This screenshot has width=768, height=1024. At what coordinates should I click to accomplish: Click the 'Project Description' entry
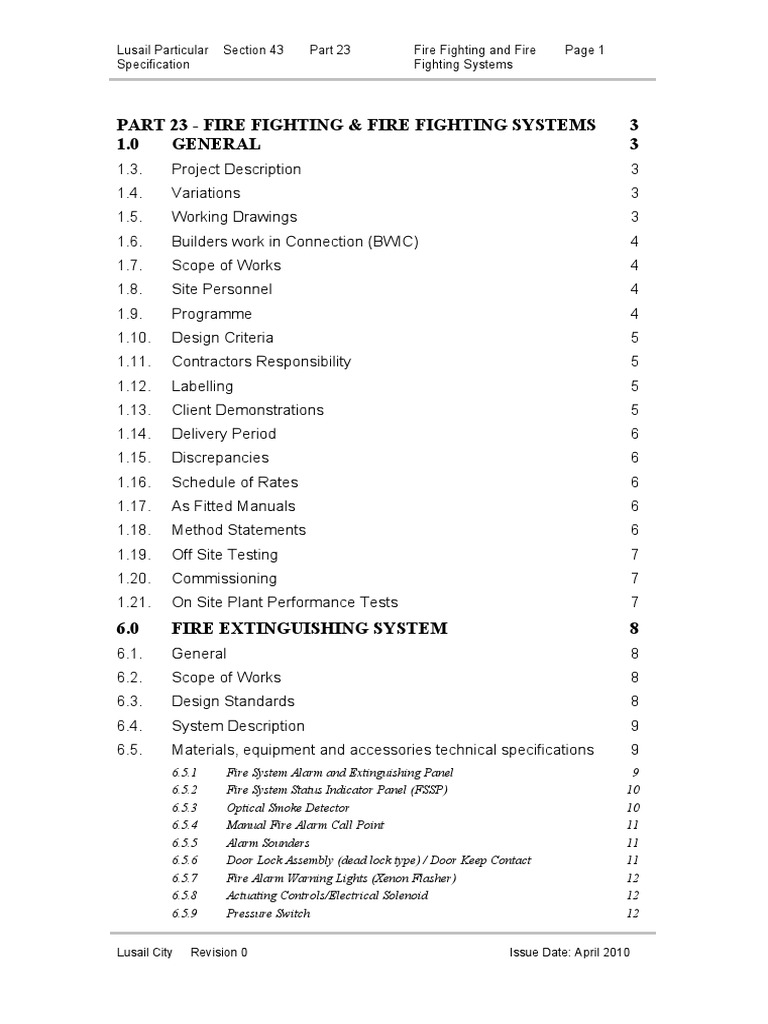(x=236, y=169)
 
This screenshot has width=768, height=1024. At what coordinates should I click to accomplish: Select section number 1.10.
(x=133, y=338)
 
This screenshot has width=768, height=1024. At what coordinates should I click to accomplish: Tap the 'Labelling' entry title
(x=202, y=386)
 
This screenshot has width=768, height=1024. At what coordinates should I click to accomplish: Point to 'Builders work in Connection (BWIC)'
(x=295, y=241)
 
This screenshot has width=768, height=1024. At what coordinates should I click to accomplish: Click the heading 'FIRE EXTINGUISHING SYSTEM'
(x=309, y=629)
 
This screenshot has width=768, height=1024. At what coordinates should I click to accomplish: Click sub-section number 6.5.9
(x=184, y=913)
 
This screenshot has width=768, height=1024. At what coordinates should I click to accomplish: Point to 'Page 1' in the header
(x=585, y=49)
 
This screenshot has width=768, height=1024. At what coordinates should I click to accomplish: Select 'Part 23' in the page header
(x=330, y=49)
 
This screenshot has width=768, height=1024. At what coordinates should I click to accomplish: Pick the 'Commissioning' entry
(x=224, y=578)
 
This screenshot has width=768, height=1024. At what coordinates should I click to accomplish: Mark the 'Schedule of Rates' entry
(x=234, y=482)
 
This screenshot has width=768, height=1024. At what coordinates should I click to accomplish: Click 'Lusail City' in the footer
(x=145, y=953)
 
